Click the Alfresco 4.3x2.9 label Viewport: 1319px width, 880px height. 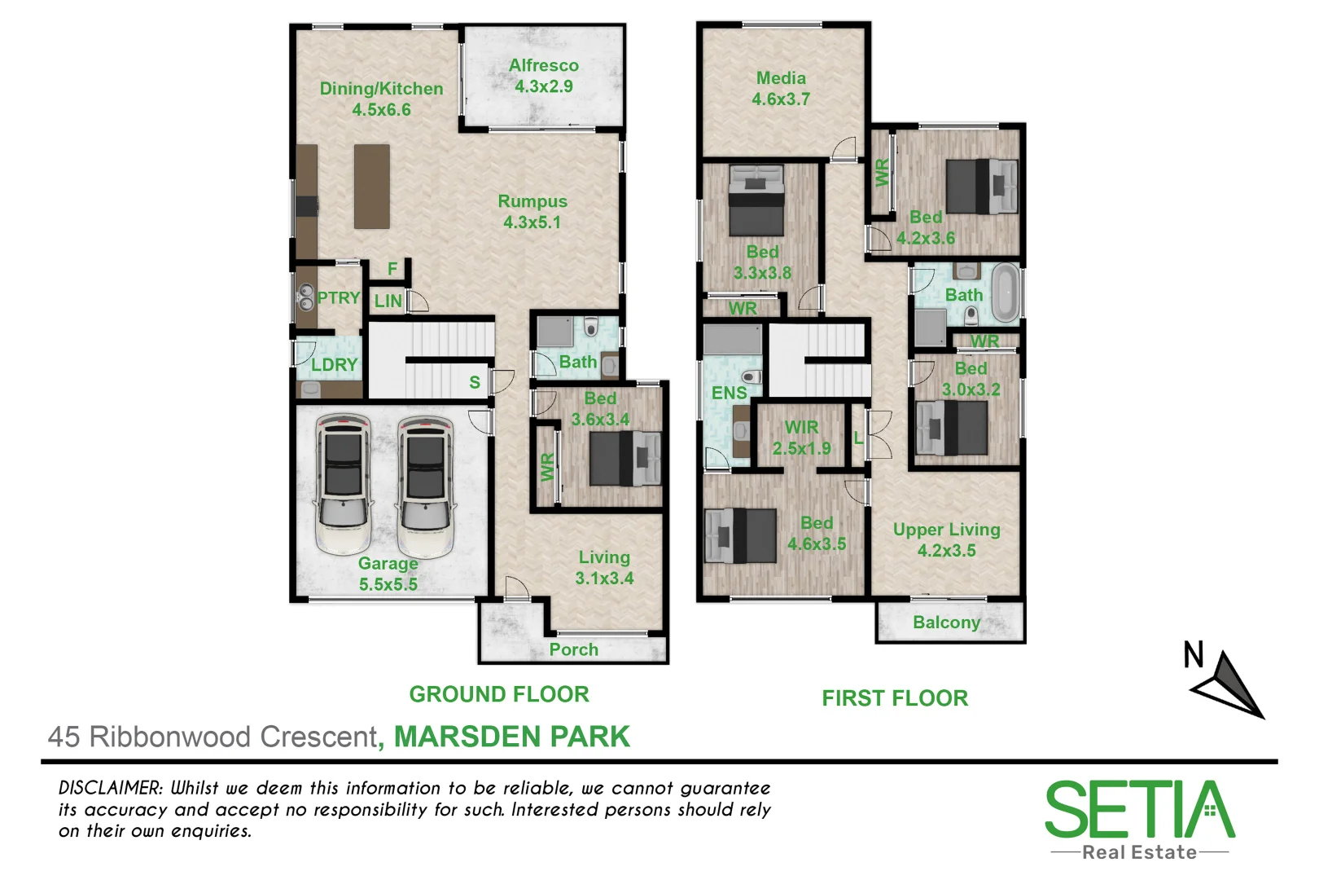pyautogui.click(x=544, y=76)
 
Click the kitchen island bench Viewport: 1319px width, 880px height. pyautogui.click(x=372, y=187)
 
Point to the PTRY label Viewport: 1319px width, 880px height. pyautogui.click(x=338, y=298)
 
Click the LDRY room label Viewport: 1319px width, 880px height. pyautogui.click(x=334, y=365)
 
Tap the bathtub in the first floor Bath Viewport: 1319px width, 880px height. pyautogui.click(x=1006, y=292)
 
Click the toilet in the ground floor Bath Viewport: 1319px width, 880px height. pyautogui.click(x=591, y=328)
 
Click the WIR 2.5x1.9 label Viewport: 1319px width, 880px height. pyautogui.click(x=801, y=438)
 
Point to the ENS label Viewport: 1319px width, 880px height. pyautogui.click(x=729, y=394)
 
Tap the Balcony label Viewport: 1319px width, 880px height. pyautogui.click(x=946, y=623)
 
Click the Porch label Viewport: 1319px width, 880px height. pyautogui.click(x=573, y=649)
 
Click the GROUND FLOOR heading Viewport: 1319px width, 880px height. pyautogui.click(x=498, y=694)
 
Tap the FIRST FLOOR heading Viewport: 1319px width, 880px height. pyautogui.click(x=894, y=698)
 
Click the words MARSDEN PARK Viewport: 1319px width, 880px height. pyautogui.click(x=511, y=737)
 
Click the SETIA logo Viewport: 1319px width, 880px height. pyautogui.click(x=1139, y=811)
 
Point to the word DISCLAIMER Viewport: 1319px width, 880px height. pyautogui.click(x=111, y=789)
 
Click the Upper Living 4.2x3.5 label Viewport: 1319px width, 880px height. pyautogui.click(x=946, y=539)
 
